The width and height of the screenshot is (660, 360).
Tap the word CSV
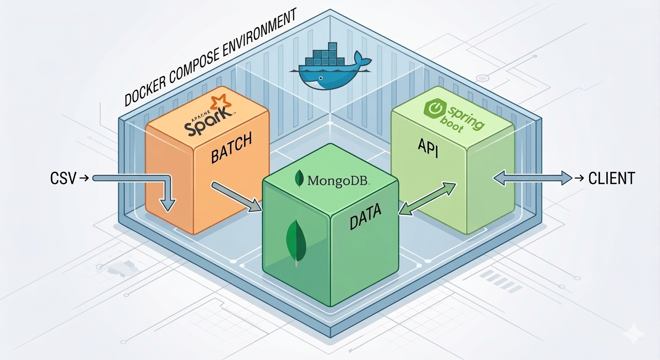62,178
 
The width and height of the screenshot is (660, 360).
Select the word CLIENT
611,178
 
